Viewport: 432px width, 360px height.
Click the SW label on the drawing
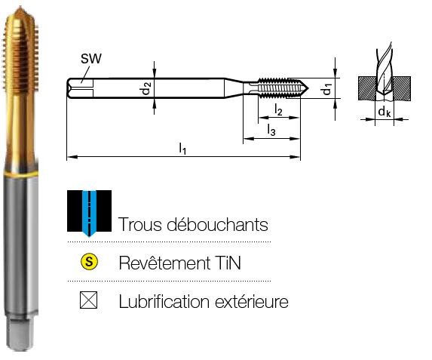[91, 58]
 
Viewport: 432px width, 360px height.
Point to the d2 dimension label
[146, 88]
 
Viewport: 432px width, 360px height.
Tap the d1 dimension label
[327, 88]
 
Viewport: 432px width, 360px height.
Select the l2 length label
[278, 110]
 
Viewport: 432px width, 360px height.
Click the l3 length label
[271, 130]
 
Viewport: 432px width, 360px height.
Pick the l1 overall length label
[182, 148]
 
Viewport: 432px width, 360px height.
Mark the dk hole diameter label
[385, 112]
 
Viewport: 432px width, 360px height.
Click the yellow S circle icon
[89, 261]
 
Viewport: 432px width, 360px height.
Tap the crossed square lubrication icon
[88, 300]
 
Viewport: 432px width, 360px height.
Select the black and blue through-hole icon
[89, 213]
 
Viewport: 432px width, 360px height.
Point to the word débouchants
[218, 224]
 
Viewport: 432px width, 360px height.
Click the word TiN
[228, 263]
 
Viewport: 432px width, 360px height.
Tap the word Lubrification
[164, 301]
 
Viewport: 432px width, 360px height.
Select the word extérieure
[252, 302]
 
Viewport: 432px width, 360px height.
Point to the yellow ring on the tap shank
[20, 174]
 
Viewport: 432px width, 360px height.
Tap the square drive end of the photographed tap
[20, 334]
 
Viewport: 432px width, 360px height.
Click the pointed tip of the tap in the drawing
[308, 88]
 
